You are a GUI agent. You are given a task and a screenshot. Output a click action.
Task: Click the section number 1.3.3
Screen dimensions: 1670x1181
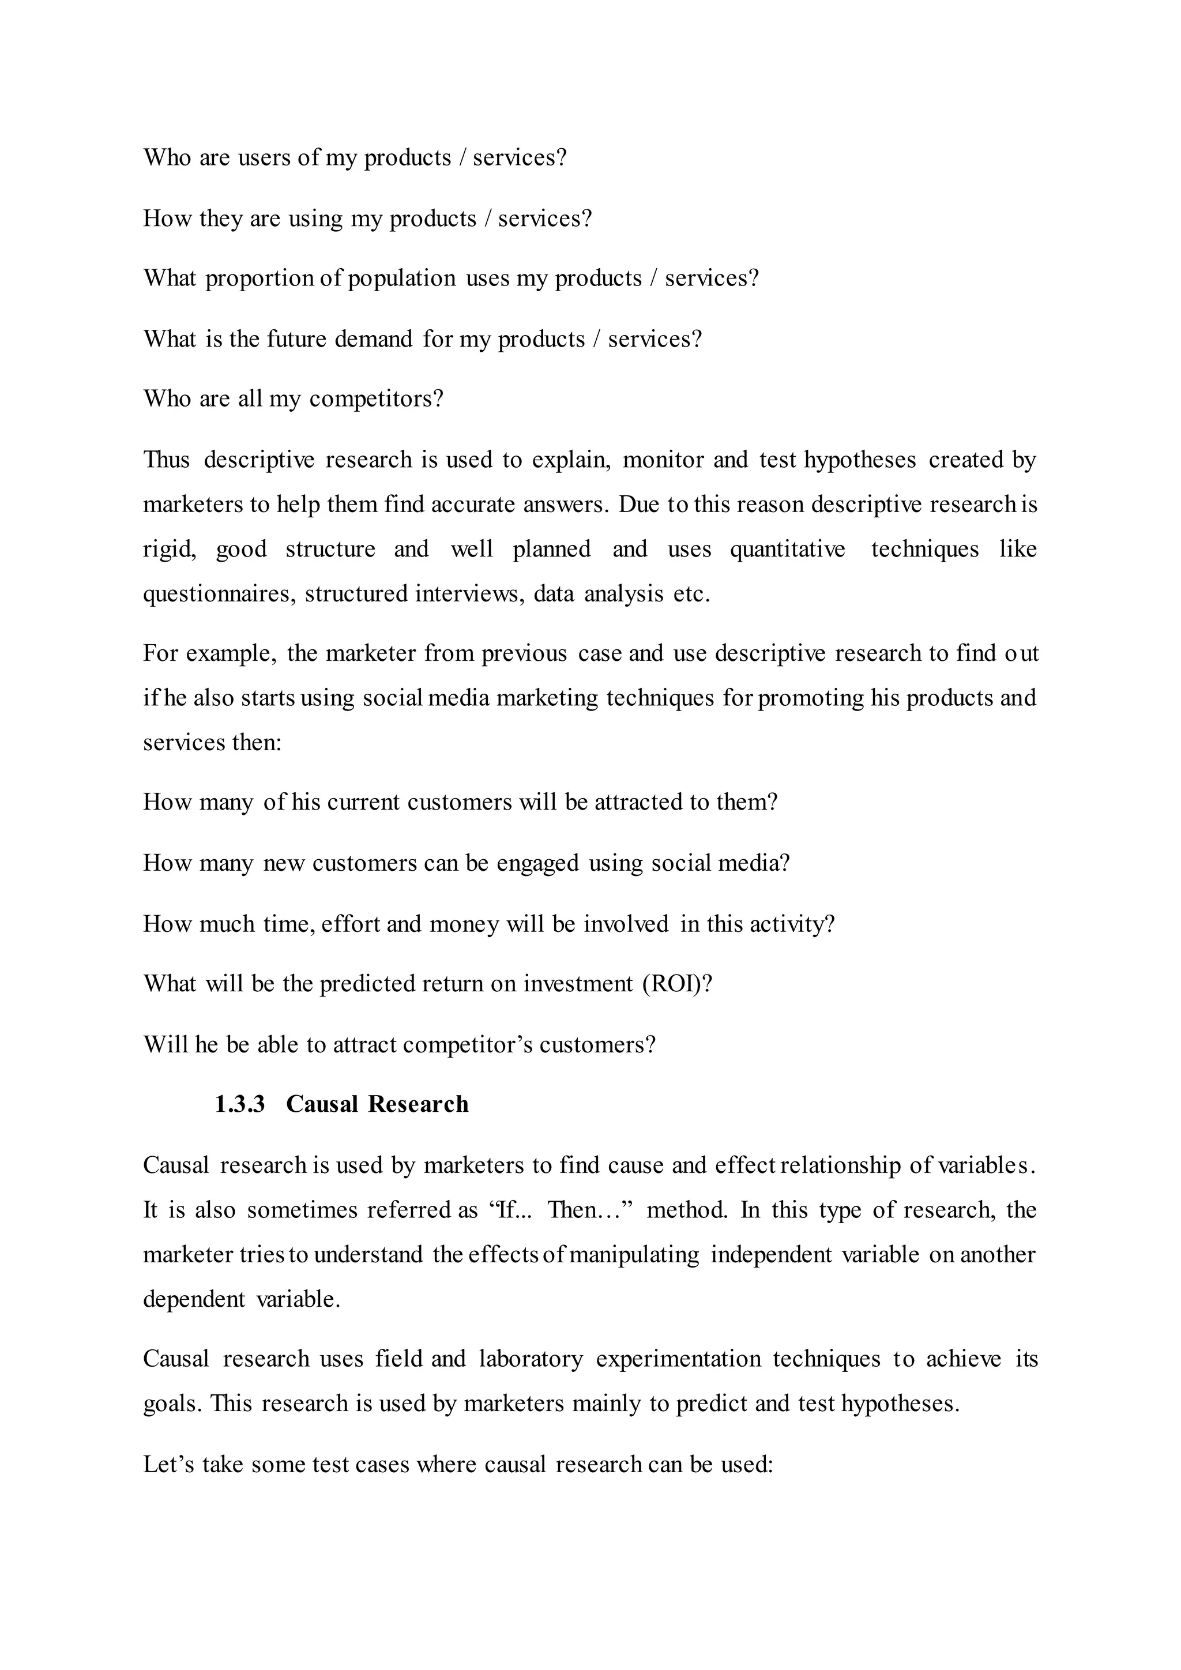[239, 1104]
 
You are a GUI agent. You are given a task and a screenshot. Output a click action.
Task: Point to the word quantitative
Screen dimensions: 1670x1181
[788, 548]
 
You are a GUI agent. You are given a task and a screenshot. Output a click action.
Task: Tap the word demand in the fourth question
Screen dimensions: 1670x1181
[373, 339]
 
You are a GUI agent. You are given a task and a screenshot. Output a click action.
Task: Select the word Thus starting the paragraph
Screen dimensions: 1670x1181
[166, 460]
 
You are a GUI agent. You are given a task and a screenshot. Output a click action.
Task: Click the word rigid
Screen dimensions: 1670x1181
[169, 548]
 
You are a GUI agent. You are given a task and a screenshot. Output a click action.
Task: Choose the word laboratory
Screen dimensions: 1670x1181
[531, 1358]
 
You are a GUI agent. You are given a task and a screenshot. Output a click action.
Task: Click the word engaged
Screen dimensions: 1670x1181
[537, 863]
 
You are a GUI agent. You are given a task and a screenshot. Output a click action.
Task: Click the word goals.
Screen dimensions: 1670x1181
[172, 1403]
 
